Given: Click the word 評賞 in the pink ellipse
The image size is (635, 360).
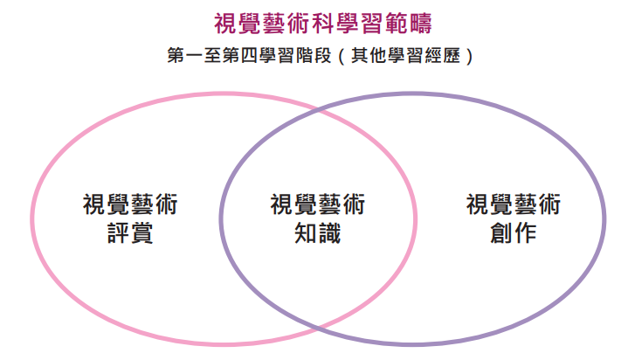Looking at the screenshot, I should click(x=131, y=235).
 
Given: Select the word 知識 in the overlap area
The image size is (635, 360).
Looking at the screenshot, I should click(x=318, y=235).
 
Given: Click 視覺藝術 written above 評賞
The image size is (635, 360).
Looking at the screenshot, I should click(x=131, y=205).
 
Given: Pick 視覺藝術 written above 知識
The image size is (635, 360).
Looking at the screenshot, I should click(x=318, y=205).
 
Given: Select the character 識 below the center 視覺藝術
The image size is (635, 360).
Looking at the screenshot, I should click(x=330, y=235).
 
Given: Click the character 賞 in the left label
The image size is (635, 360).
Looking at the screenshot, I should click(x=142, y=235).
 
